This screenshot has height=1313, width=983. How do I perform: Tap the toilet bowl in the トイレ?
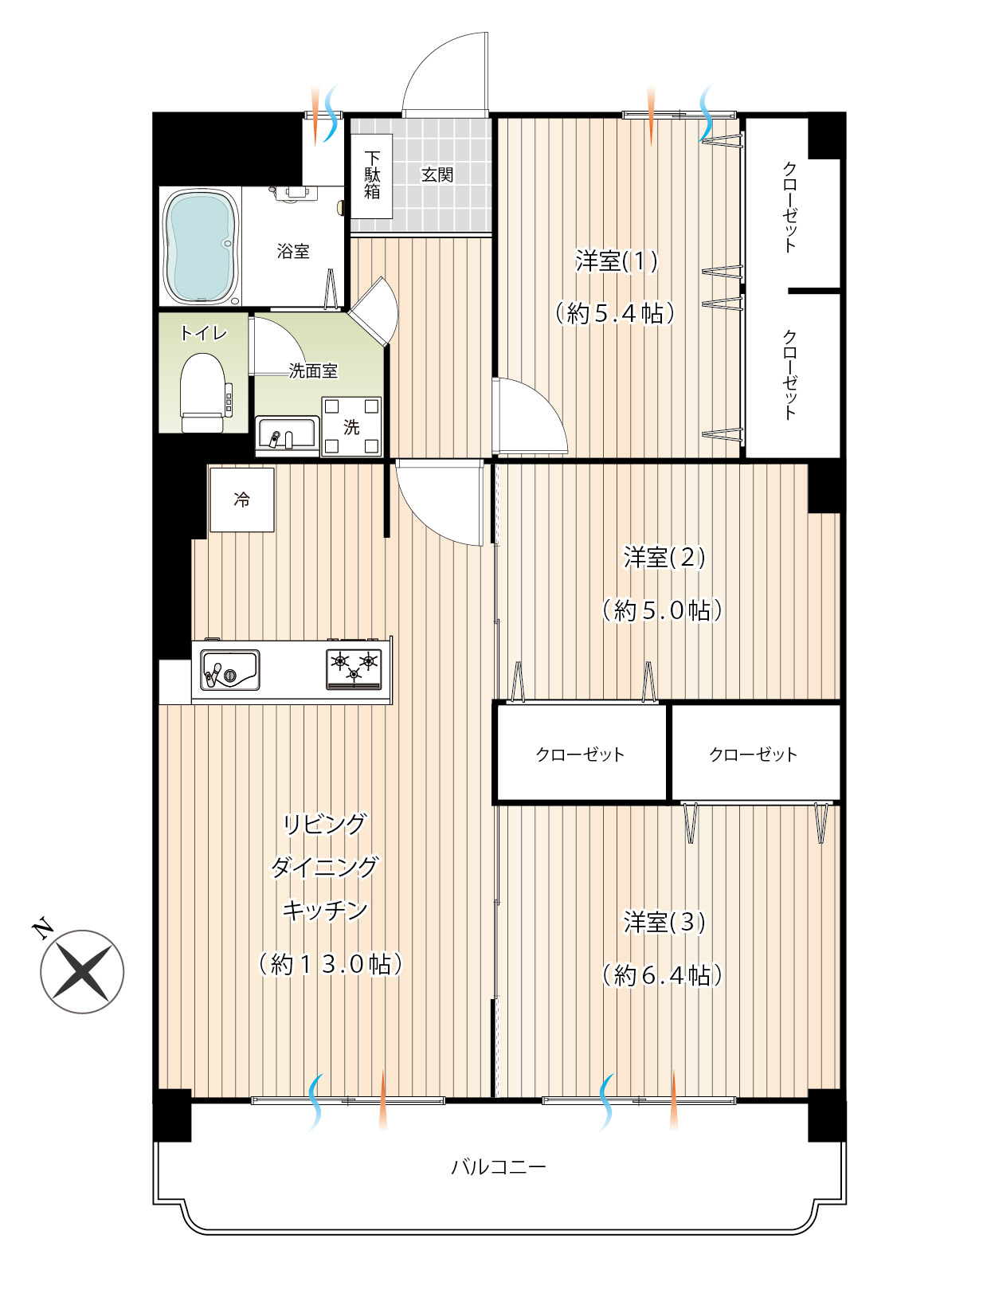(203, 392)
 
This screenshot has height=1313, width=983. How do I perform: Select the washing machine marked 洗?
(351, 426)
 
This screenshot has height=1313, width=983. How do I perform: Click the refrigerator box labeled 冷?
(241, 500)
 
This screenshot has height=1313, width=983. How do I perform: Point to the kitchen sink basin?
(229, 669)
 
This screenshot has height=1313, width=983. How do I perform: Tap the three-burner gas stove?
(354, 668)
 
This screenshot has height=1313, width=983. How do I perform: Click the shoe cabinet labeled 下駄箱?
(371, 176)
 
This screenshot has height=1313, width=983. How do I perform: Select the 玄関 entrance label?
(437, 174)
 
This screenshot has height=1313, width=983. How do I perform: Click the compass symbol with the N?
(82, 971)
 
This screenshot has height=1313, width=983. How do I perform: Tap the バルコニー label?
(499, 1166)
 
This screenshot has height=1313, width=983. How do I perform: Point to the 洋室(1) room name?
(617, 261)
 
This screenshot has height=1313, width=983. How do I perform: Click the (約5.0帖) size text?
(663, 610)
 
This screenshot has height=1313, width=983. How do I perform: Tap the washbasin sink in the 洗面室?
(287, 433)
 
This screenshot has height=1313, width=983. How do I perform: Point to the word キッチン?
(325, 911)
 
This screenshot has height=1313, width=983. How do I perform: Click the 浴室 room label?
(293, 251)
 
